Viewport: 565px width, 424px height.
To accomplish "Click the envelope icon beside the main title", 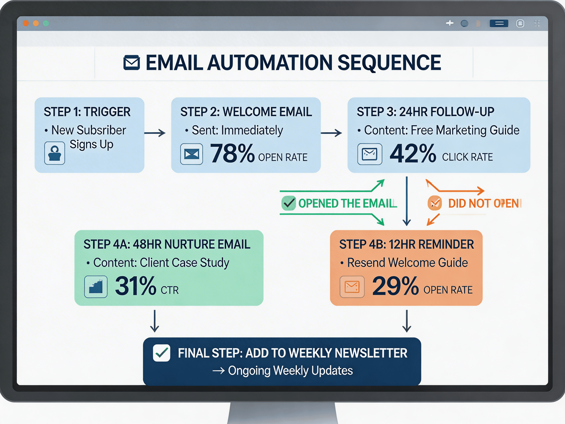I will pos(131,63).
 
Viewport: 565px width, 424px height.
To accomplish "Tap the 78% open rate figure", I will pos(232,153).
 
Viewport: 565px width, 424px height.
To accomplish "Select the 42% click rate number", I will pos(412,153).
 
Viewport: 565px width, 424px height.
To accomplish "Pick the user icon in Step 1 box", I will pos(55,153).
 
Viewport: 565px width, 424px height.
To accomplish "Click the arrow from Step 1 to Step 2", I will pos(155,133).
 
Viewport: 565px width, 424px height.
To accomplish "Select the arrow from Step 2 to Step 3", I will pos(331,133).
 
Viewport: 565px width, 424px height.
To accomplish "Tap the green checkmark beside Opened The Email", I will pos(289,203).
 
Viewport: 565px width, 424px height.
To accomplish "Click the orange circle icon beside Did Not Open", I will pos(435,203).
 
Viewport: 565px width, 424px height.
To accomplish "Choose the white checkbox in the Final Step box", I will pos(161,353).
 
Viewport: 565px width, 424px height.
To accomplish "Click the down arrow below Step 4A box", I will pos(154,321).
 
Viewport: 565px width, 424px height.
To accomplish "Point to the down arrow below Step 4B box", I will pos(407,321).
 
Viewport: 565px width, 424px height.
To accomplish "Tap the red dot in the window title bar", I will pos(26,23).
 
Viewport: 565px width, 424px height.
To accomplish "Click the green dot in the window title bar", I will pos(46,23).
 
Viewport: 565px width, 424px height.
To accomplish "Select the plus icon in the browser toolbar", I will pos(449,23).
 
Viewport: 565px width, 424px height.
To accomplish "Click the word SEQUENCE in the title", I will pos(389,63).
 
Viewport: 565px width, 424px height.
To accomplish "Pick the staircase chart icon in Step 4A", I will pos(96,287).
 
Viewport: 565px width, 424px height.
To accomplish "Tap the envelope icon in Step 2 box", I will pos(192,154).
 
